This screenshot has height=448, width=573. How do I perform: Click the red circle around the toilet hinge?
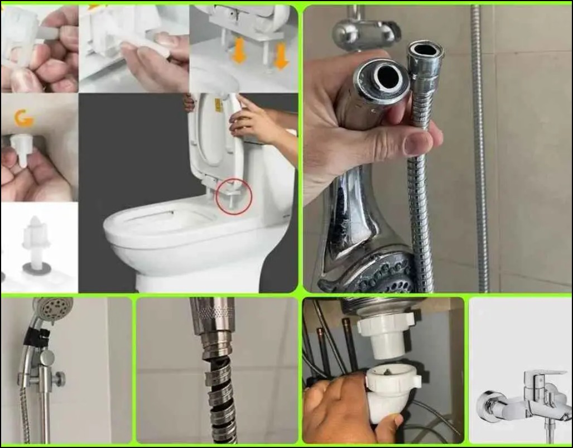(234, 196)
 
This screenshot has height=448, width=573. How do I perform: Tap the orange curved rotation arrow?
(23, 118)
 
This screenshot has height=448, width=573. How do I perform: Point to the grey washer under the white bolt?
(37, 268)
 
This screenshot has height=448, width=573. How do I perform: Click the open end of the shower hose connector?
(426, 50)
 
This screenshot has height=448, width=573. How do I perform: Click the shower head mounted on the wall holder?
(52, 307)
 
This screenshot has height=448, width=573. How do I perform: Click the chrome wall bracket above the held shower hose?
(366, 31)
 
